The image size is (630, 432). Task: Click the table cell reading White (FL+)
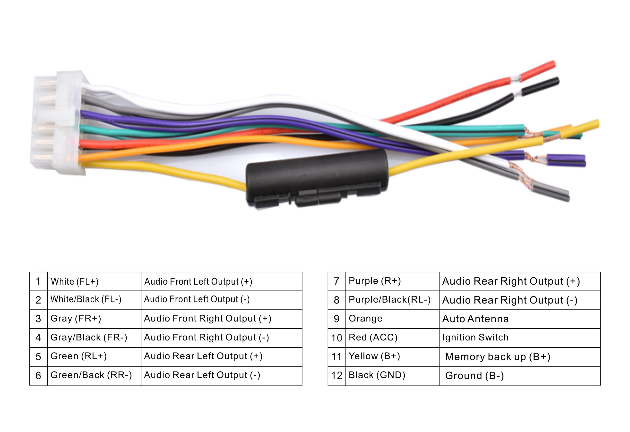[94, 281]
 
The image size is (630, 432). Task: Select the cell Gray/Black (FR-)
[94, 338]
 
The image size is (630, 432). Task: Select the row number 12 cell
[337, 376]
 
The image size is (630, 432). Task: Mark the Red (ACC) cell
[392, 338]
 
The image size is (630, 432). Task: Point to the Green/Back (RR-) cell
[94, 375]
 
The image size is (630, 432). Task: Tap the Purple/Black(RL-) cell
[392, 300]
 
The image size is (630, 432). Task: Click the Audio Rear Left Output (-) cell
[221, 375]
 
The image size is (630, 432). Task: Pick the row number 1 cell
[38, 281]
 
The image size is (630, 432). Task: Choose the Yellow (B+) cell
[392, 357]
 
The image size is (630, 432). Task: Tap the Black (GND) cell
[392, 376]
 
